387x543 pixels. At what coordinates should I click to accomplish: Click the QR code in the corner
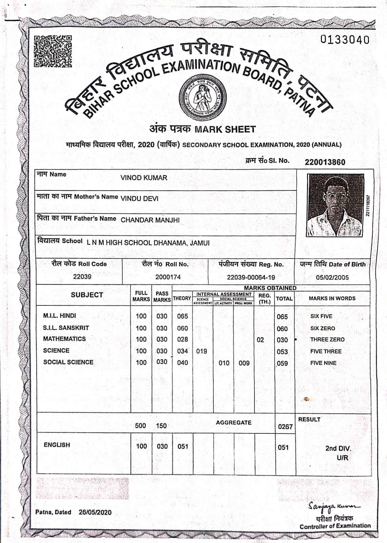click(53, 51)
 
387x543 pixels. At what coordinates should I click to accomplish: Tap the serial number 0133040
click(345, 40)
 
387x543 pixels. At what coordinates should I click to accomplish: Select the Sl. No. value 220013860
click(325, 162)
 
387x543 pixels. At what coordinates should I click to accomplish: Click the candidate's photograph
click(335, 205)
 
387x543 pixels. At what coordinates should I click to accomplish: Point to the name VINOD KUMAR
click(144, 178)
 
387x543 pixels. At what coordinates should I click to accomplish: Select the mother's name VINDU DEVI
click(139, 199)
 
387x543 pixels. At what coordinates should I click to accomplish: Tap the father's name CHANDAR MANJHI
click(150, 220)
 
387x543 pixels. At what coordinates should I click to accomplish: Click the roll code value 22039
click(82, 277)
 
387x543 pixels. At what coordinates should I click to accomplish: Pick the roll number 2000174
click(168, 277)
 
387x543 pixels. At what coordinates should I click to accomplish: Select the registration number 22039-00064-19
click(251, 277)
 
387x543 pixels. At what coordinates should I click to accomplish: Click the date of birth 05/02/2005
click(332, 277)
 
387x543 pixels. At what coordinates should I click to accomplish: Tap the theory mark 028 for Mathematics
click(182, 339)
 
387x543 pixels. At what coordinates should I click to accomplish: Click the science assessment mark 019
click(202, 351)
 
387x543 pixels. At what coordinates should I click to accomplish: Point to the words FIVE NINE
click(323, 363)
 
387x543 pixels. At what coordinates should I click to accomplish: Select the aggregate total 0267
click(285, 427)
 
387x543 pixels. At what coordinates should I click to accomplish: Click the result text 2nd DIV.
click(338, 448)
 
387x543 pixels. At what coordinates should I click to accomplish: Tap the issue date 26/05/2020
click(95, 512)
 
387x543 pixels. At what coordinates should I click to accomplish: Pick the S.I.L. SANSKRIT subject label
click(66, 328)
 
